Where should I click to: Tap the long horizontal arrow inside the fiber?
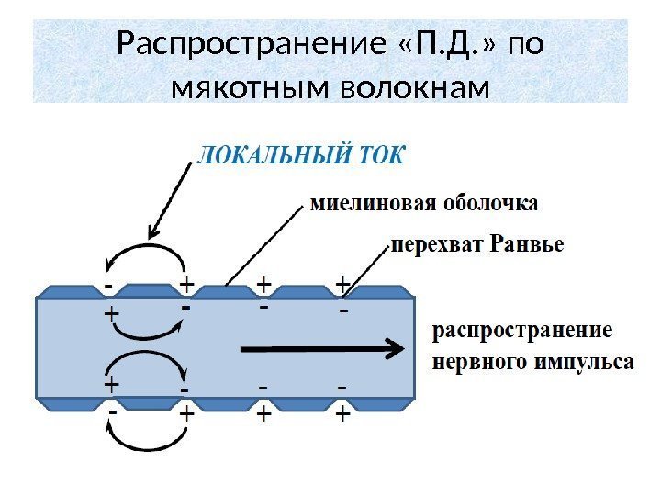[x=321, y=348]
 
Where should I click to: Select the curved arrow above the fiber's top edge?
[x=142, y=253]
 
